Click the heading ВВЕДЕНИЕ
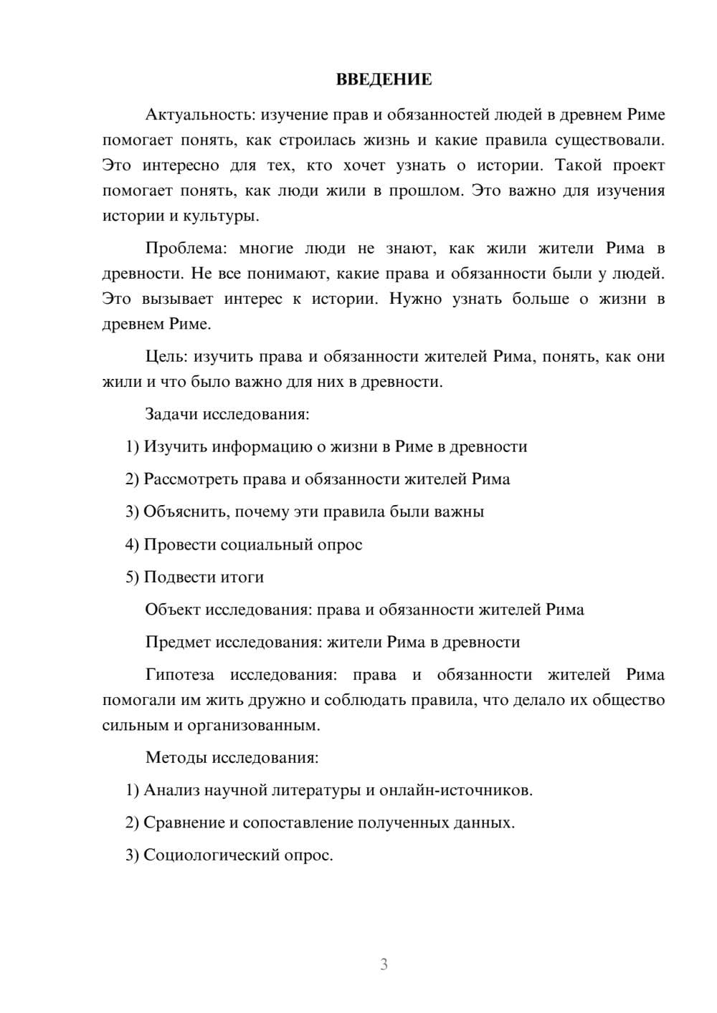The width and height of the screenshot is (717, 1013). pos(384,80)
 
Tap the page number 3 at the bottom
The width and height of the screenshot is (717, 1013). pos(384,964)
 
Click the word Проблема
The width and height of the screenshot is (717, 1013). pos(185,249)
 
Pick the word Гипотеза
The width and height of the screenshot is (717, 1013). pos(180,675)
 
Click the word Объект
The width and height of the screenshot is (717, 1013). pos(173,610)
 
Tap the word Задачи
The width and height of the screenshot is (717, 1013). pos(171,414)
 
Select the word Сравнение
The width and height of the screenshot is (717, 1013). pos(184,822)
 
